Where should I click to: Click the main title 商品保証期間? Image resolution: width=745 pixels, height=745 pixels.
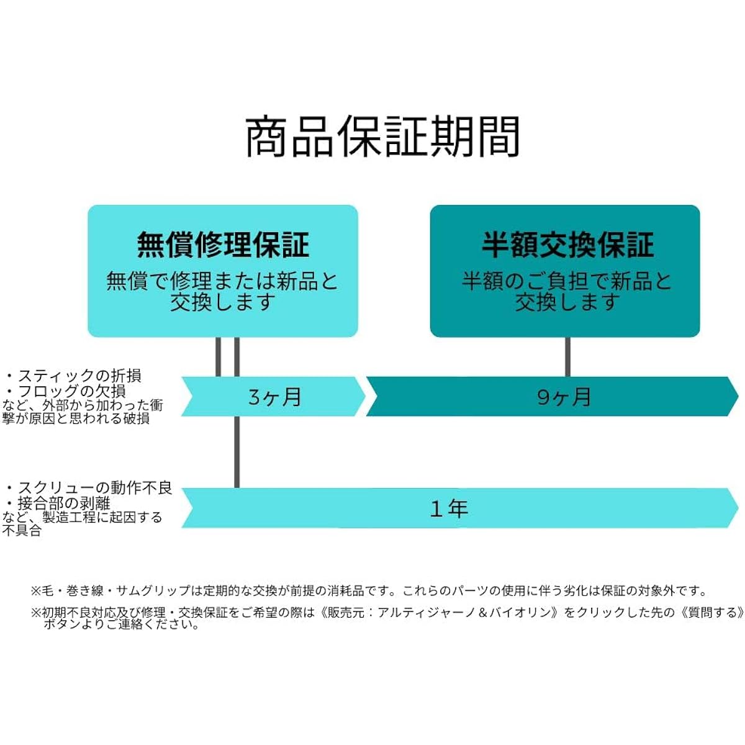tap(382, 137)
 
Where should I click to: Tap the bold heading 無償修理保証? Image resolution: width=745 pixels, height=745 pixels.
tap(223, 245)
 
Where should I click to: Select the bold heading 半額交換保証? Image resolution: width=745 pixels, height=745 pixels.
tap(567, 245)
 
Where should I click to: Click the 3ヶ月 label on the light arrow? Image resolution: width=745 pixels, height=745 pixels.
tap(274, 397)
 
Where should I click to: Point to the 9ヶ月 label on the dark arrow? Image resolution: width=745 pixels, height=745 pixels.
tap(564, 397)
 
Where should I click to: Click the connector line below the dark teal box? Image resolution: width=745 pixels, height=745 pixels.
tap(567, 356)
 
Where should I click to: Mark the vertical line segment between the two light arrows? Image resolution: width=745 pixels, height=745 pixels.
tap(237, 452)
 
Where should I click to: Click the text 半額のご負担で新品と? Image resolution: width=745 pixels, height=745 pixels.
tap(566, 281)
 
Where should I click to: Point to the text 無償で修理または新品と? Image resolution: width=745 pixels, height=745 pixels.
tap(222, 281)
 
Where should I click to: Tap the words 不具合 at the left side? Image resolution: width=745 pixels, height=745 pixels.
tap(22, 530)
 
